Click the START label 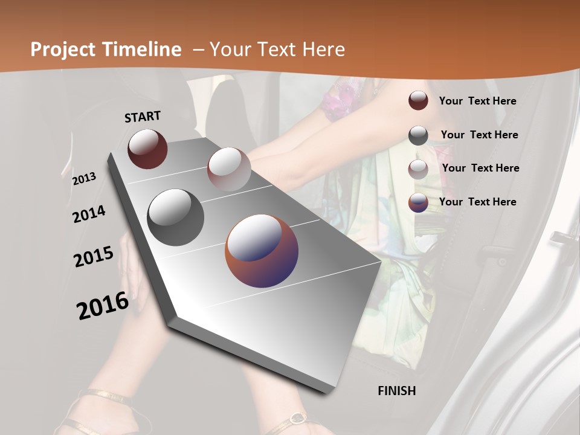click(x=143, y=117)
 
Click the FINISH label click(x=397, y=391)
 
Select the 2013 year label click(x=85, y=178)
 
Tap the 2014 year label click(x=89, y=214)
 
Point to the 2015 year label click(x=94, y=257)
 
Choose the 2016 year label click(x=103, y=305)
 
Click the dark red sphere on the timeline click(x=147, y=149)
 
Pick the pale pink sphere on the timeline click(x=229, y=169)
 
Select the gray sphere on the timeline click(x=176, y=217)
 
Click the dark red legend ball click(x=418, y=101)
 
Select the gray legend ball click(x=418, y=135)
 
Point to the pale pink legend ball click(x=418, y=169)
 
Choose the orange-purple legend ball click(x=418, y=202)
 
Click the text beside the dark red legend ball click(x=478, y=101)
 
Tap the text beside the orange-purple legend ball click(x=478, y=202)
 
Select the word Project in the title click(x=63, y=50)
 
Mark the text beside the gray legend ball click(x=480, y=135)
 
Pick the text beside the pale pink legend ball click(x=481, y=168)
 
